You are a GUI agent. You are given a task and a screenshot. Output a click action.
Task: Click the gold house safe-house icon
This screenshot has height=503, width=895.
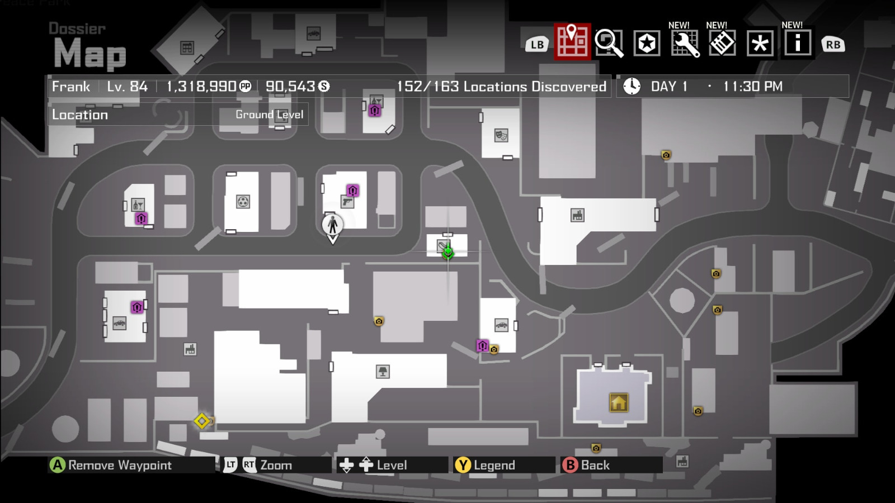618,402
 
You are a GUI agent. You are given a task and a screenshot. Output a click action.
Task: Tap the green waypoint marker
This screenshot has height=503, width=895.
447,252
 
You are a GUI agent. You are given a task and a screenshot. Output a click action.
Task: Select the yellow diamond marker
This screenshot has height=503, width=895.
202,421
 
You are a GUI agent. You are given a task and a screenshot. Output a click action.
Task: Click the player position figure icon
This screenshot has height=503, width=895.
332,225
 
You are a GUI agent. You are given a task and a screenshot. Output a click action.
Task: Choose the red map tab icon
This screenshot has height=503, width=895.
572,41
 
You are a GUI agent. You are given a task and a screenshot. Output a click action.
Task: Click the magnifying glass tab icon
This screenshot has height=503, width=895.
609,43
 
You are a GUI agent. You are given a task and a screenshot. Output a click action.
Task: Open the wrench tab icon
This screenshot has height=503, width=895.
685,43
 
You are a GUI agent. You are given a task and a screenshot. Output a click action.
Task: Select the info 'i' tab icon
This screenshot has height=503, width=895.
797,43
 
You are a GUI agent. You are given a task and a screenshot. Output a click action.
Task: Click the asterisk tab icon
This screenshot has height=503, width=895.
760,43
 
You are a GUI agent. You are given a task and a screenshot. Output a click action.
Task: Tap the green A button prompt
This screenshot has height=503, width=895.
57,465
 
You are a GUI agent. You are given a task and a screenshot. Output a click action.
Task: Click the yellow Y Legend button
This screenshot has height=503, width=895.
463,465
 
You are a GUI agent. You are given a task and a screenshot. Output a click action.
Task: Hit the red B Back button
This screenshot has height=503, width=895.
569,465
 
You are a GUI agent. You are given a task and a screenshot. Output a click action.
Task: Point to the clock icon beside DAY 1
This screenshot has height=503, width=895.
632,86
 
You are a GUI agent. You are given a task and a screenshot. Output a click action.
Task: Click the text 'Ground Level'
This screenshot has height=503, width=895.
269,115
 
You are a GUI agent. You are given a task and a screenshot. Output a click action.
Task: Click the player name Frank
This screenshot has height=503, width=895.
71,87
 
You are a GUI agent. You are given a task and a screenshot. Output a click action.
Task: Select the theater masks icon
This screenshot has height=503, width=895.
501,135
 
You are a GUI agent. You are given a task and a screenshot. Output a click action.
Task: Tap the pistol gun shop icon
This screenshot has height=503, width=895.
347,202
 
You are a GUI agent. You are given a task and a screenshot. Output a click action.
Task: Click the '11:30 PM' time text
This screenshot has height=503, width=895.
752,87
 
